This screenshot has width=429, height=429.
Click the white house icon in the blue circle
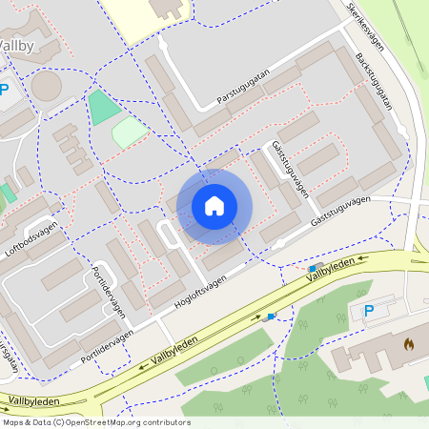(214, 206)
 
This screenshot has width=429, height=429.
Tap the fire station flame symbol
(410, 343)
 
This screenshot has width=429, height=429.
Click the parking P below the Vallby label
(5, 91)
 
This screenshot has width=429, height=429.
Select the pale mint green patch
(129, 132)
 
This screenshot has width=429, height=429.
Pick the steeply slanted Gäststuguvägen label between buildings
(290, 168)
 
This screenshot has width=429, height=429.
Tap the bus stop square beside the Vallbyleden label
(313, 269)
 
